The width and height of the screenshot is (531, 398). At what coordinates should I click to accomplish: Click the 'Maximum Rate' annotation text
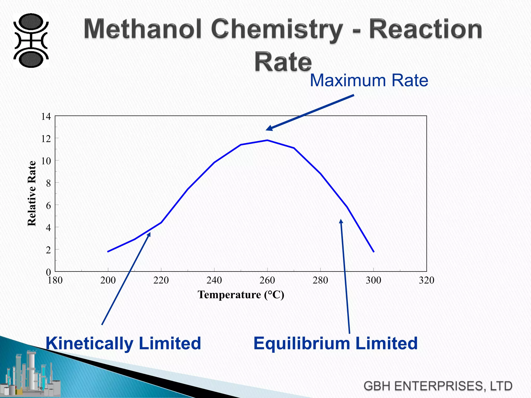click(369, 80)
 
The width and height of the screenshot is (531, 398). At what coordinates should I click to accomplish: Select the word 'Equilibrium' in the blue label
click(302, 343)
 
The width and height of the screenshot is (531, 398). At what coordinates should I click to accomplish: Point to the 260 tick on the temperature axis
click(267, 280)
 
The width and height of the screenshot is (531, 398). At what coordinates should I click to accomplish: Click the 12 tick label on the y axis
click(46, 139)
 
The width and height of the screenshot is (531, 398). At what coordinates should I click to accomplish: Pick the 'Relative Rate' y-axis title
click(32, 193)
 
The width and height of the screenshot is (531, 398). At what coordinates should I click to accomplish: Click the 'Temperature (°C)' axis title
click(241, 295)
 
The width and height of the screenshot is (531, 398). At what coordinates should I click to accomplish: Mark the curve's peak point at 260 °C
click(267, 140)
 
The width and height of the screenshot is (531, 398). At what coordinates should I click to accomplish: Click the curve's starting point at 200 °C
click(108, 252)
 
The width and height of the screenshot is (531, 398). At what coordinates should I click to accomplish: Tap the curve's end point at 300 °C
click(374, 252)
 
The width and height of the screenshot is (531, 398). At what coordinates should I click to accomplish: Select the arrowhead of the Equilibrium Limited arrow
click(341, 221)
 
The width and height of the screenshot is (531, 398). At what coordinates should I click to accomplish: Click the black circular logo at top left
click(31, 41)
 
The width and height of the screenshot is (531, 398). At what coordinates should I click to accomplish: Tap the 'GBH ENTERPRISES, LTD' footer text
click(438, 386)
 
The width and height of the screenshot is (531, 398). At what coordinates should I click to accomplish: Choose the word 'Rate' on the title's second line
click(283, 62)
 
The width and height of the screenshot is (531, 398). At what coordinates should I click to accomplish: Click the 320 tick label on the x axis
click(427, 280)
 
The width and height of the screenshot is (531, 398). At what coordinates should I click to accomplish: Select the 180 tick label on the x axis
click(55, 280)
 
